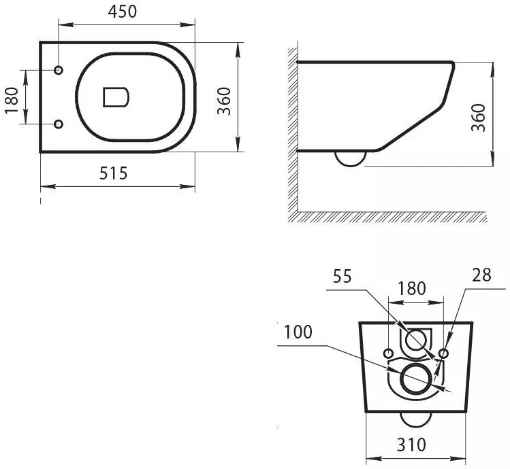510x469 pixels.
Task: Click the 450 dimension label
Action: pyautogui.click(x=123, y=12)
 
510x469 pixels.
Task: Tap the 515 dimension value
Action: pyautogui.click(x=113, y=173)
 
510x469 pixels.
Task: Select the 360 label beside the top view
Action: pyautogui.click(x=224, y=101)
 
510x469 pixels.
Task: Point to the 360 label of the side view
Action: pyautogui.click(x=478, y=117)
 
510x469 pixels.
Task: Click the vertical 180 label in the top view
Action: pyautogui.click(x=12, y=101)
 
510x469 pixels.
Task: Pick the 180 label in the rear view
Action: pyautogui.click(x=411, y=288)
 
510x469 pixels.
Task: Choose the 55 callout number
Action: pyautogui.click(x=342, y=277)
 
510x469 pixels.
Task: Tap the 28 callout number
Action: pyautogui.click(x=481, y=275)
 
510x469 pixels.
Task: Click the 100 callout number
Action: pyautogui.click(x=298, y=332)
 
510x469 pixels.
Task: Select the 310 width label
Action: pyautogui.click(x=411, y=445)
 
